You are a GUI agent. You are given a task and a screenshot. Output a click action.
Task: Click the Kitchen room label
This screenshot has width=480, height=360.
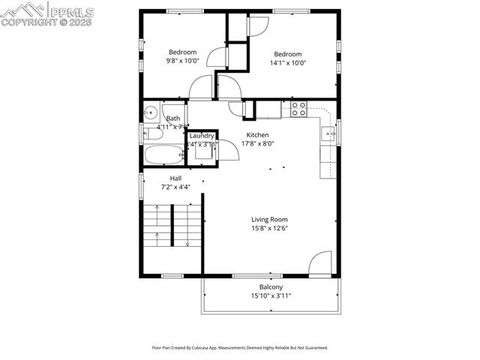[257, 135]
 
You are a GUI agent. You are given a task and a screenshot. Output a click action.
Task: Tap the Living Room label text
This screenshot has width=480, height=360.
[269, 219]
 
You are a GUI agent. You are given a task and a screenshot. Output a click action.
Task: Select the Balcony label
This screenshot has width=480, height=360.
[271, 288]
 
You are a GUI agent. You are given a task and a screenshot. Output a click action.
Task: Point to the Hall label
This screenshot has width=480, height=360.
[175, 178]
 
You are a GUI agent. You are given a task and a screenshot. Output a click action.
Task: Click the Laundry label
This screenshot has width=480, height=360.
[202, 135]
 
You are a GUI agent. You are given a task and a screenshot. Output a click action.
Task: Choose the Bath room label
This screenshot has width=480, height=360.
[173, 118]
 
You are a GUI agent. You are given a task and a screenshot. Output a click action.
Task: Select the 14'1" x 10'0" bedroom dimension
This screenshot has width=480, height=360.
[288, 63]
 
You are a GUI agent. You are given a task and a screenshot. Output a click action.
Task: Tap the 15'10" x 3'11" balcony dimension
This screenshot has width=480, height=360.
[271, 297]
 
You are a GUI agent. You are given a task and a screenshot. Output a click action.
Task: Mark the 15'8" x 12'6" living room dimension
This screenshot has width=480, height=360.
[269, 228]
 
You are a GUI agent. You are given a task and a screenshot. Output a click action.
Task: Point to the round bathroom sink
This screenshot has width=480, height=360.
[149, 112]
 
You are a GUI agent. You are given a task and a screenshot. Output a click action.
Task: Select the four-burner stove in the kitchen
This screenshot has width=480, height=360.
[296, 107]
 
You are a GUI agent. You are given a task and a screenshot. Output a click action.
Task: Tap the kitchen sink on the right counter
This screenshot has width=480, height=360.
[327, 134]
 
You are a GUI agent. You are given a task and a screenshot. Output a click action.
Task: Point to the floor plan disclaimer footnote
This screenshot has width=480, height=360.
[239, 348]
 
